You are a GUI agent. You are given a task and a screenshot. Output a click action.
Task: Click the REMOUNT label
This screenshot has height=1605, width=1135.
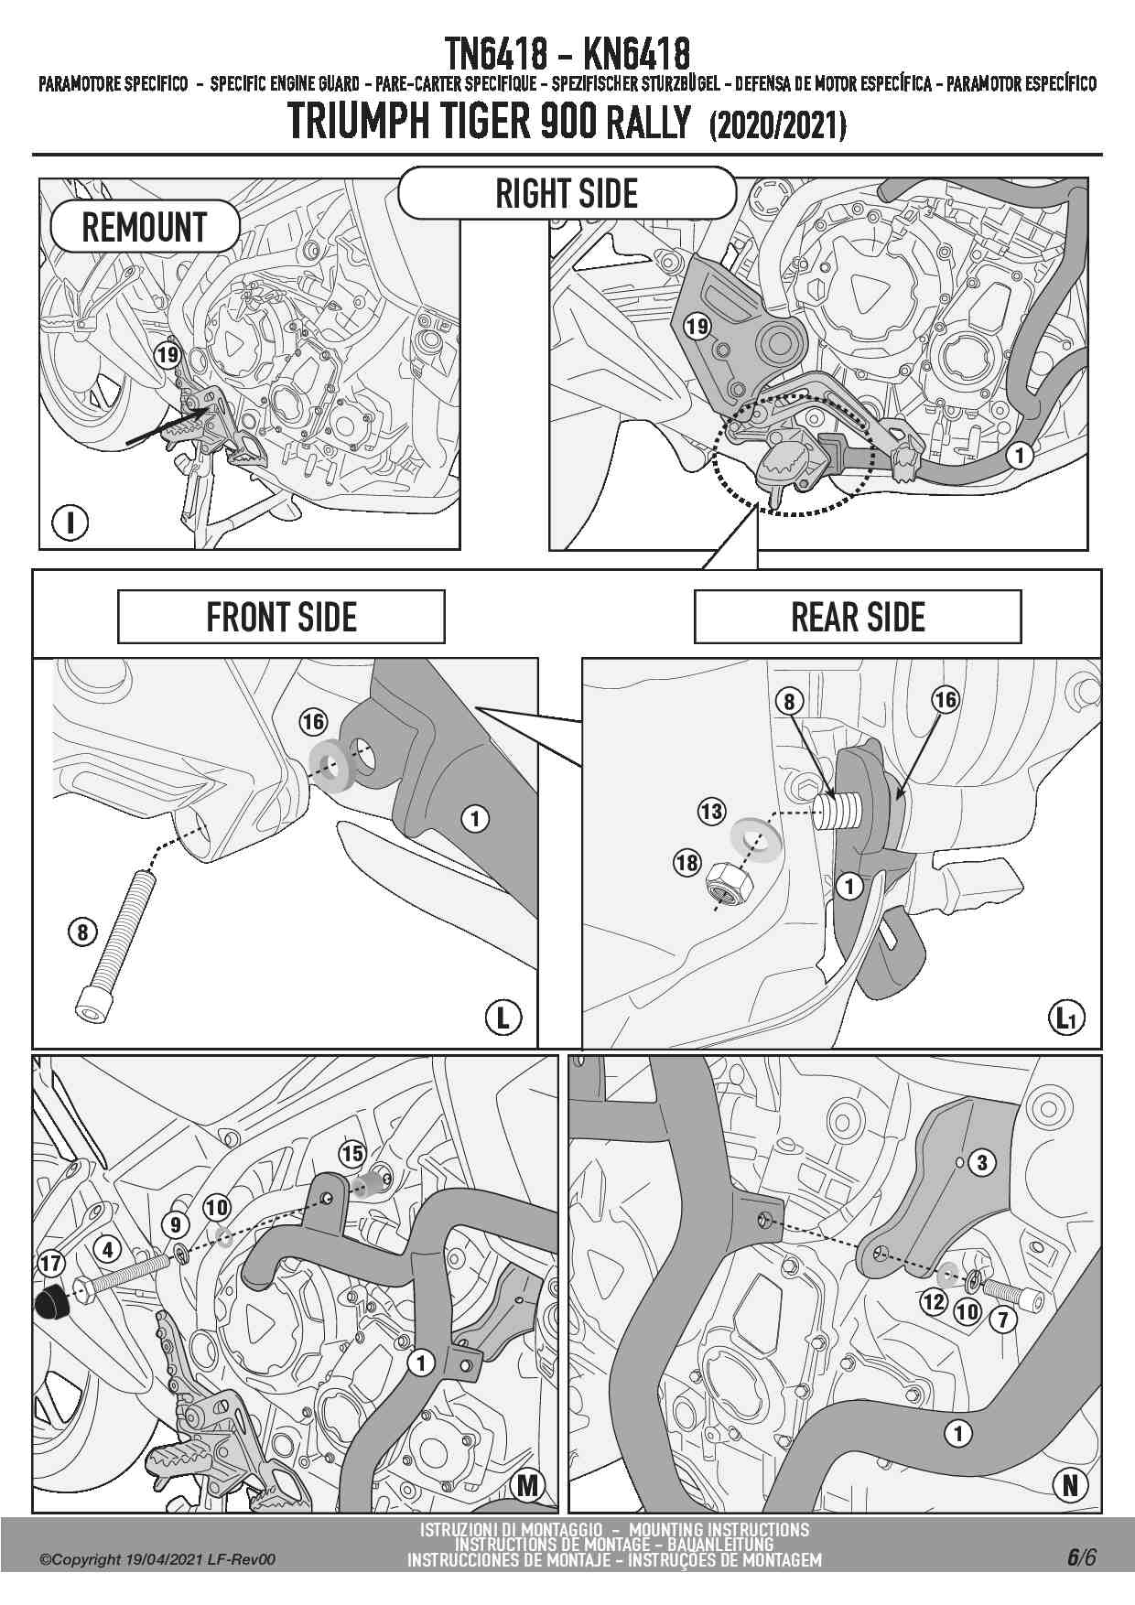point(145,227)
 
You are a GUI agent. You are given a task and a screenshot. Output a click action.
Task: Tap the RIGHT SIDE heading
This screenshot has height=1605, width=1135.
point(567,194)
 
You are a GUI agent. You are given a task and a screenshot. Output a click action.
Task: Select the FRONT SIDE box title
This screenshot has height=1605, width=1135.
point(281,618)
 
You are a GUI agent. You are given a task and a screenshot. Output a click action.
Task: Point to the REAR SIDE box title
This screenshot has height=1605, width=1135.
point(858,618)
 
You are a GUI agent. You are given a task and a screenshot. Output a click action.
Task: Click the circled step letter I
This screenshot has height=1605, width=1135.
point(70,523)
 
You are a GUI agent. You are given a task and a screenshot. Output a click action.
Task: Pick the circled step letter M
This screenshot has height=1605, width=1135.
point(527,1485)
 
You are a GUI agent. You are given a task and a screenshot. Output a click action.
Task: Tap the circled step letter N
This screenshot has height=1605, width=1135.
point(1071,1485)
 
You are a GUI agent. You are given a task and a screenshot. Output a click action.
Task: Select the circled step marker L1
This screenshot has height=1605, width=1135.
point(1066,1018)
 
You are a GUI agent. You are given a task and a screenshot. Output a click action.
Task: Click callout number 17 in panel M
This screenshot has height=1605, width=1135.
point(50,1264)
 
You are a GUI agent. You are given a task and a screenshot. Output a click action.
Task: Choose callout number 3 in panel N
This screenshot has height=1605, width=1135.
point(982,1162)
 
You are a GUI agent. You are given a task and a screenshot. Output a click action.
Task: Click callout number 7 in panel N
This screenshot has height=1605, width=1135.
point(1003,1319)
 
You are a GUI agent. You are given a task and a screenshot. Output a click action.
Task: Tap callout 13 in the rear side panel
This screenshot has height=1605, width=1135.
point(711,812)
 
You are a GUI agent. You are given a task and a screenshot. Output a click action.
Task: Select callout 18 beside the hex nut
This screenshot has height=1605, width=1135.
point(686,862)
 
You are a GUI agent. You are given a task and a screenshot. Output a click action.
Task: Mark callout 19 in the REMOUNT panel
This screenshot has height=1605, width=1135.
point(168,354)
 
